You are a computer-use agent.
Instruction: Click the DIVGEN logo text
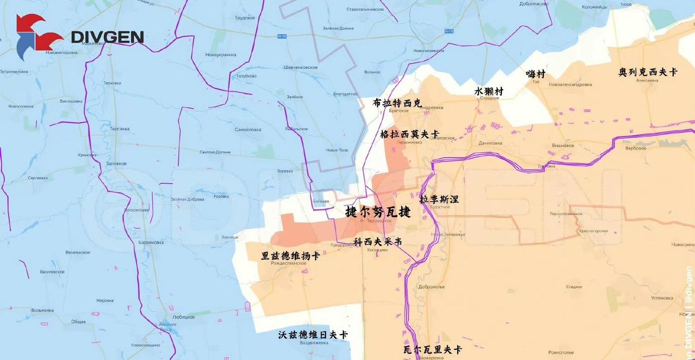(108, 37)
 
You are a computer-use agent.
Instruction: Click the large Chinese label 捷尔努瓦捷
(378, 212)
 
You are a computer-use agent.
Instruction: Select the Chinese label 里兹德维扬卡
(290, 256)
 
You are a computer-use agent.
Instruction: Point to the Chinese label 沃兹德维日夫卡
(313, 334)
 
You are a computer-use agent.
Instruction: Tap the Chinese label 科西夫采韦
(377, 241)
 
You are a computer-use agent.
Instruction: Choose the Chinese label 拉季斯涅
(439, 199)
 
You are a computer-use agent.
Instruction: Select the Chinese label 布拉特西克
(397, 103)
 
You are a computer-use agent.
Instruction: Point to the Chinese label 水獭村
(489, 91)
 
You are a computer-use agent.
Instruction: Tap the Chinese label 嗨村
(535, 74)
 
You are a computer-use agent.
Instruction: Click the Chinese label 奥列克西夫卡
(648, 72)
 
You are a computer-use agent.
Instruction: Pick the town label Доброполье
(432, 287)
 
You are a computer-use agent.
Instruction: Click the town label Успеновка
(662, 297)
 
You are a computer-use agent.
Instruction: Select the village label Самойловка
(248, 129)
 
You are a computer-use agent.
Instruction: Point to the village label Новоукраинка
(221, 55)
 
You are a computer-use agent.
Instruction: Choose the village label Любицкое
(183, 316)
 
